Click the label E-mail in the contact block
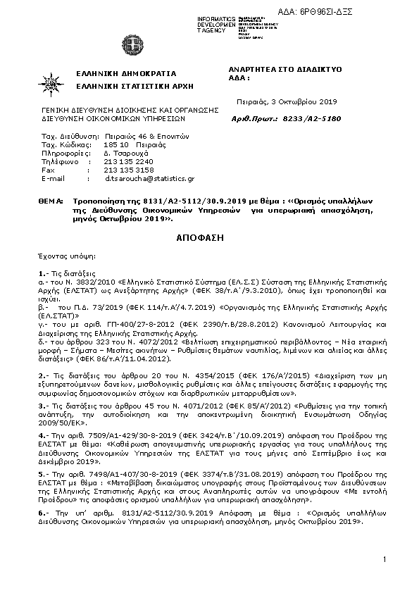(x=53, y=180)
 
